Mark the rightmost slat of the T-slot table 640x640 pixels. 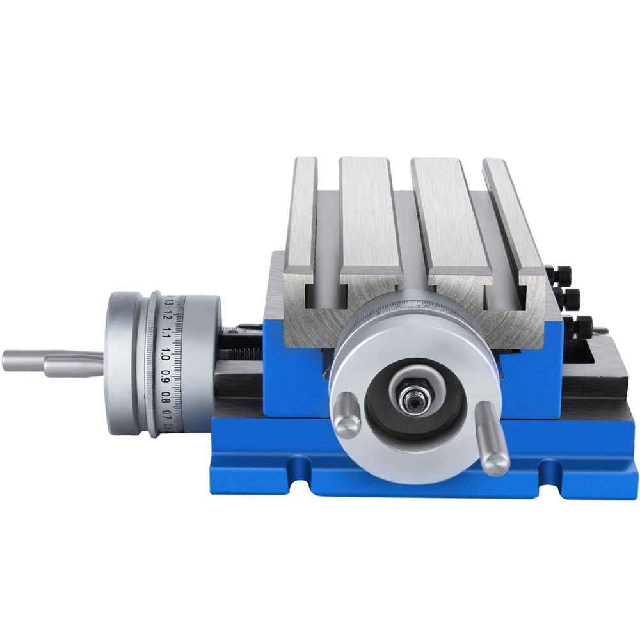512,218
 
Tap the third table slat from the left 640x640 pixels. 442,218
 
